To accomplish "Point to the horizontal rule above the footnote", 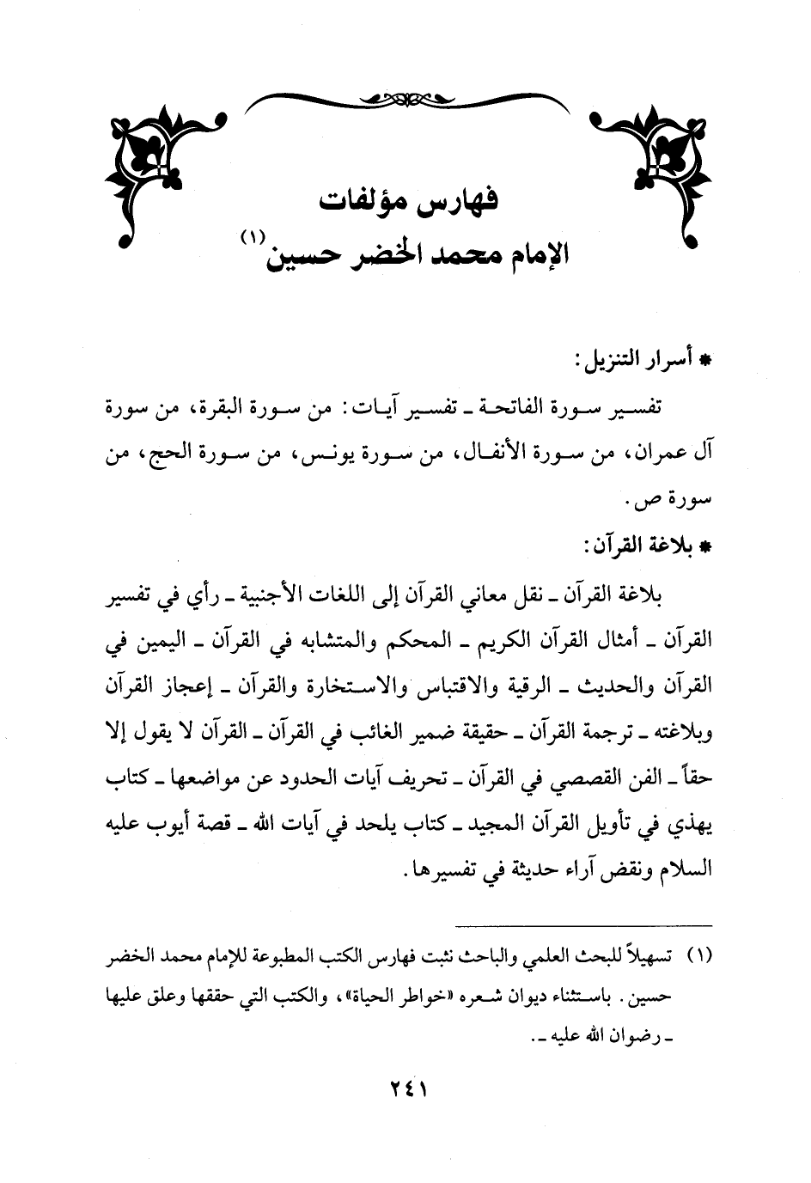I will (x=584, y=924).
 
